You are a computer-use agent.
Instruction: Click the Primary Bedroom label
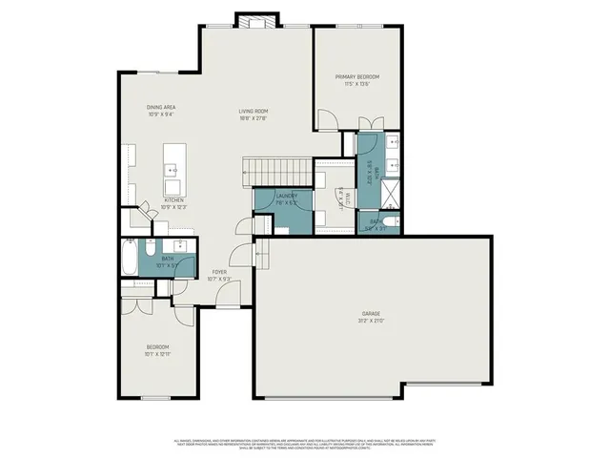point(357,76)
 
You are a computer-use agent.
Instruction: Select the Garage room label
point(372,313)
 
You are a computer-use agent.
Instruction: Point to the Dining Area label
point(161,107)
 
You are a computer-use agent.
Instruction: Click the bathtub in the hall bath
point(129,258)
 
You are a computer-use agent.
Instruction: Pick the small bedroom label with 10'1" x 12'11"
point(157,350)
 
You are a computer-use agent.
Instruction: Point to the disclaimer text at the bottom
point(305,445)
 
